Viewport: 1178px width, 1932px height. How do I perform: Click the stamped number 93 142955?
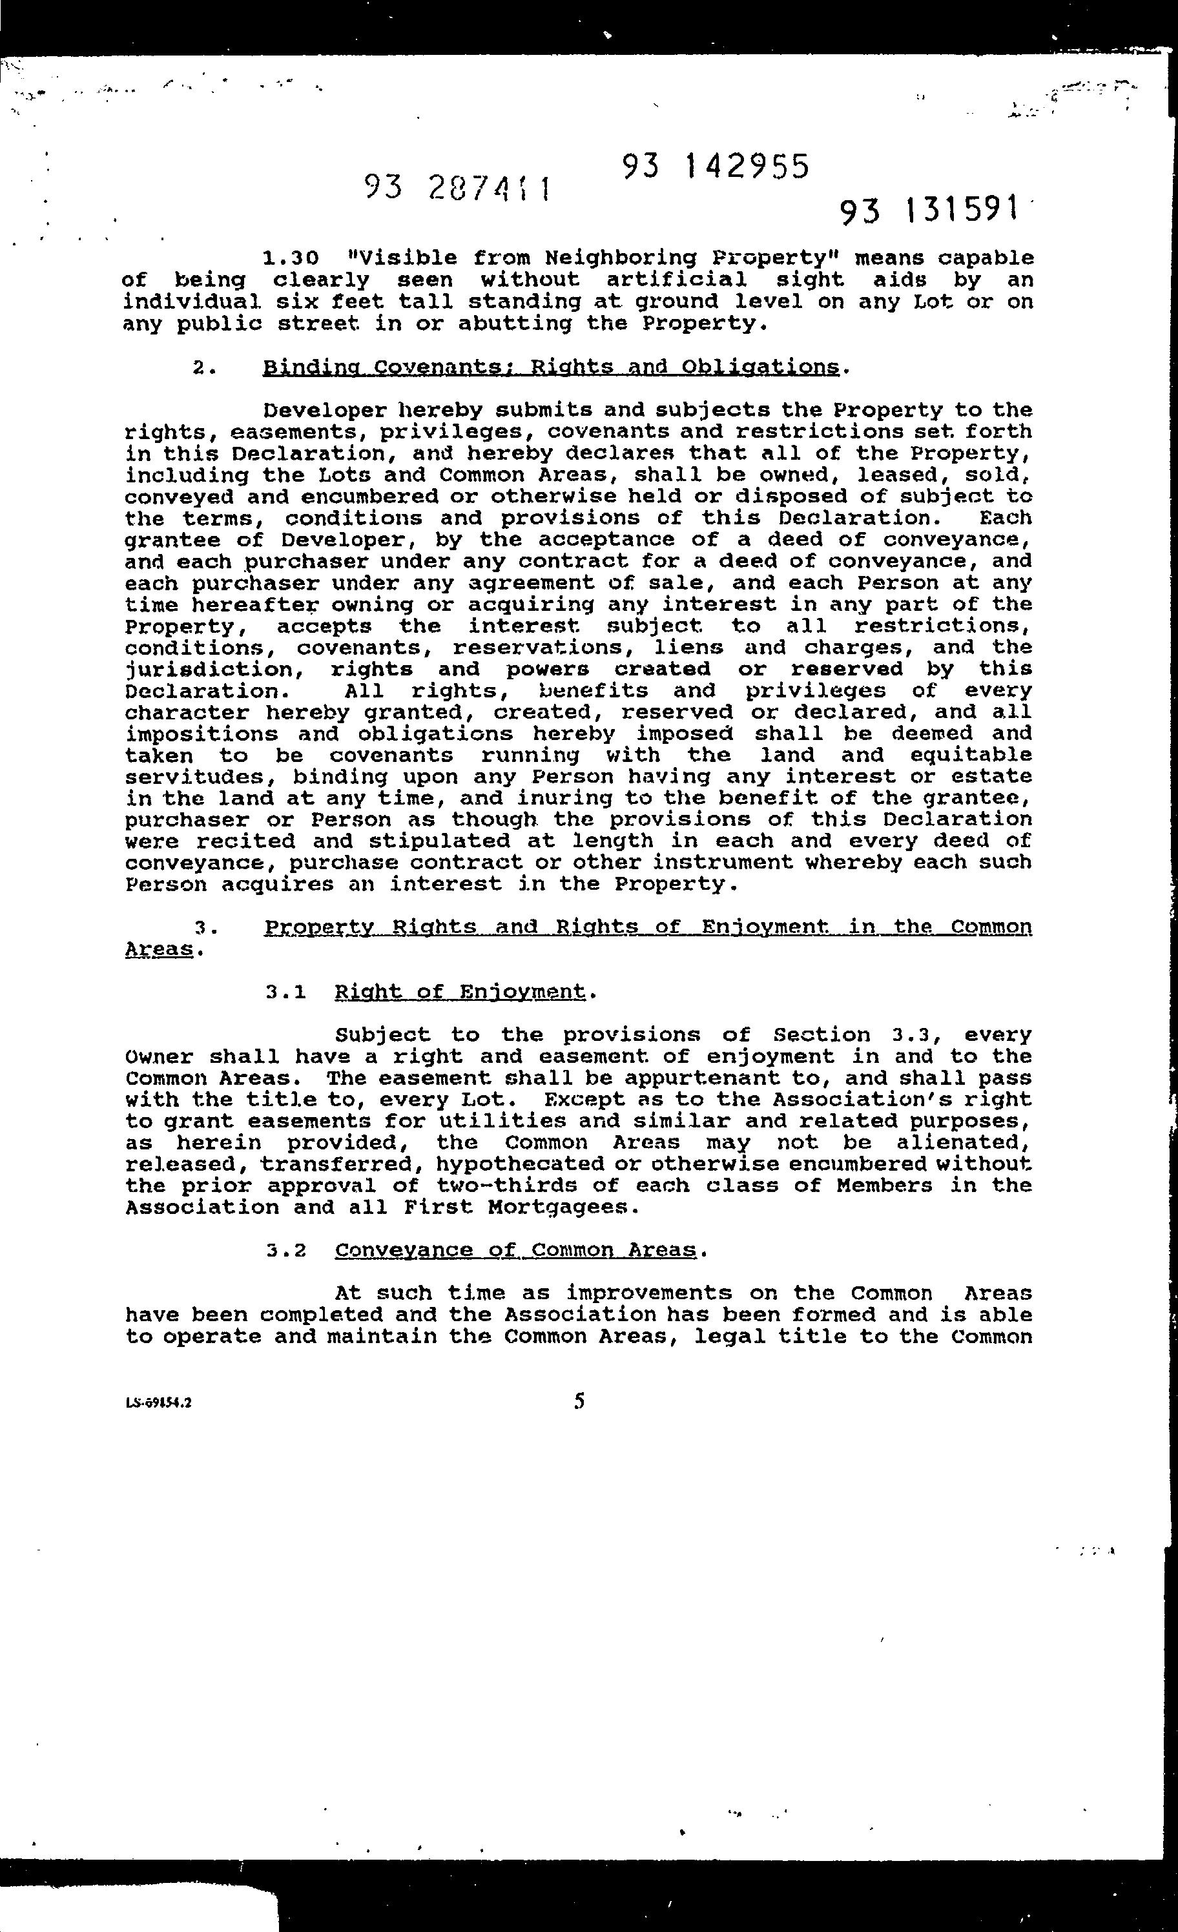pyautogui.click(x=716, y=166)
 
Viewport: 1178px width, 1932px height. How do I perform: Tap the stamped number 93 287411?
pyautogui.click(x=457, y=188)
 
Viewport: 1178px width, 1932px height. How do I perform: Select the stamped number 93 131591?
pyautogui.click(x=930, y=210)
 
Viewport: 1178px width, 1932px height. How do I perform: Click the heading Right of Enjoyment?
pyautogui.click(x=460, y=992)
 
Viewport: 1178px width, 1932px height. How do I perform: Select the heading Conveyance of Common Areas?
pyautogui.click(x=515, y=1250)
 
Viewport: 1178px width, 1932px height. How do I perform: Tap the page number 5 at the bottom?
pyautogui.click(x=579, y=1401)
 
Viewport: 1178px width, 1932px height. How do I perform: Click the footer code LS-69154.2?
pyautogui.click(x=158, y=1404)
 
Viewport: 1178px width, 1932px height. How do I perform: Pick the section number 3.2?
pyautogui.click(x=285, y=1251)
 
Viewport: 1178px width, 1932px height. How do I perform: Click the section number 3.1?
pyautogui.click(x=285, y=992)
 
